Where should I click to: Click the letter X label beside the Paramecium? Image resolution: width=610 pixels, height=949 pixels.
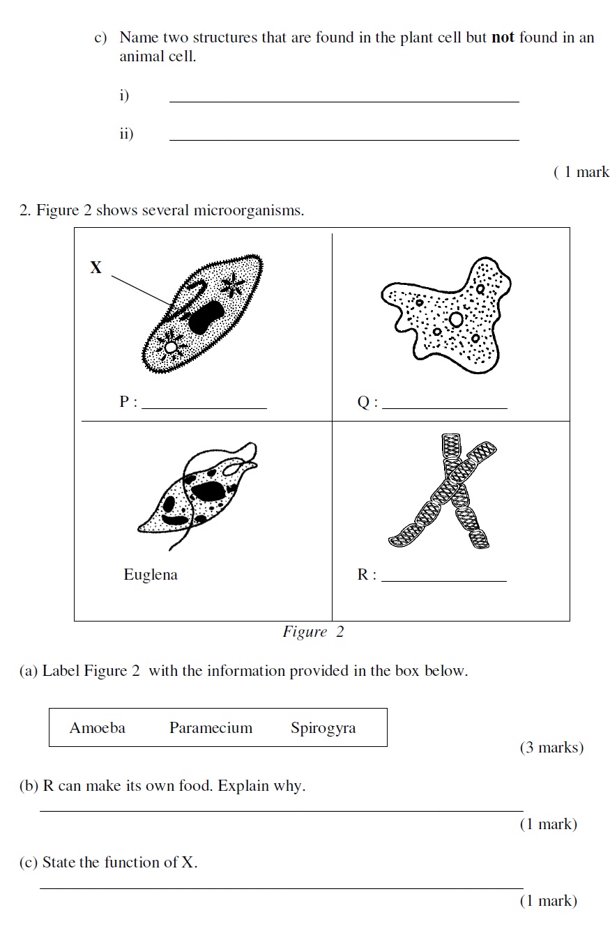(96, 267)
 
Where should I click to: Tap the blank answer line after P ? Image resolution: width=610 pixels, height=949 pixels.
(204, 408)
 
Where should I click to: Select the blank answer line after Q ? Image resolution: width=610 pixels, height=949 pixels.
(444, 408)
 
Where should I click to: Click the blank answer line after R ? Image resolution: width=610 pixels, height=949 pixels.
(444, 580)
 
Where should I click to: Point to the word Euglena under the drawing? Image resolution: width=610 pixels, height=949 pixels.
(151, 575)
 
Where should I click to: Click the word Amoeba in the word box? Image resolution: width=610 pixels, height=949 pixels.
(98, 728)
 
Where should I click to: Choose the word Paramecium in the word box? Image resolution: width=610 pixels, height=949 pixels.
(211, 728)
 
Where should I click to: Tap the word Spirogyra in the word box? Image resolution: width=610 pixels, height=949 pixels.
(323, 728)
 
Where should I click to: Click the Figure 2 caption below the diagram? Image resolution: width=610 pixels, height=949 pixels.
(313, 632)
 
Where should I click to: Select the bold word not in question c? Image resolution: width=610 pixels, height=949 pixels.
(503, 38)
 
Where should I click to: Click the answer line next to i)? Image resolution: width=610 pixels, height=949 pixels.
(344, 101)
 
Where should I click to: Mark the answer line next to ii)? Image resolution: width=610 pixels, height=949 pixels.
(344, 139)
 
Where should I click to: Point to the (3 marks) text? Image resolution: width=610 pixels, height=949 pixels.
(551, 748)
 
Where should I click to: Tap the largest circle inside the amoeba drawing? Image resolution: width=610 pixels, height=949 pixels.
(456, 319)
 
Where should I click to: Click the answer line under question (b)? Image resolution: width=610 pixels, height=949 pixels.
(281, 810)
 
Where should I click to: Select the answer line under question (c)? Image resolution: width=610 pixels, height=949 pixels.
(281, 888)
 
